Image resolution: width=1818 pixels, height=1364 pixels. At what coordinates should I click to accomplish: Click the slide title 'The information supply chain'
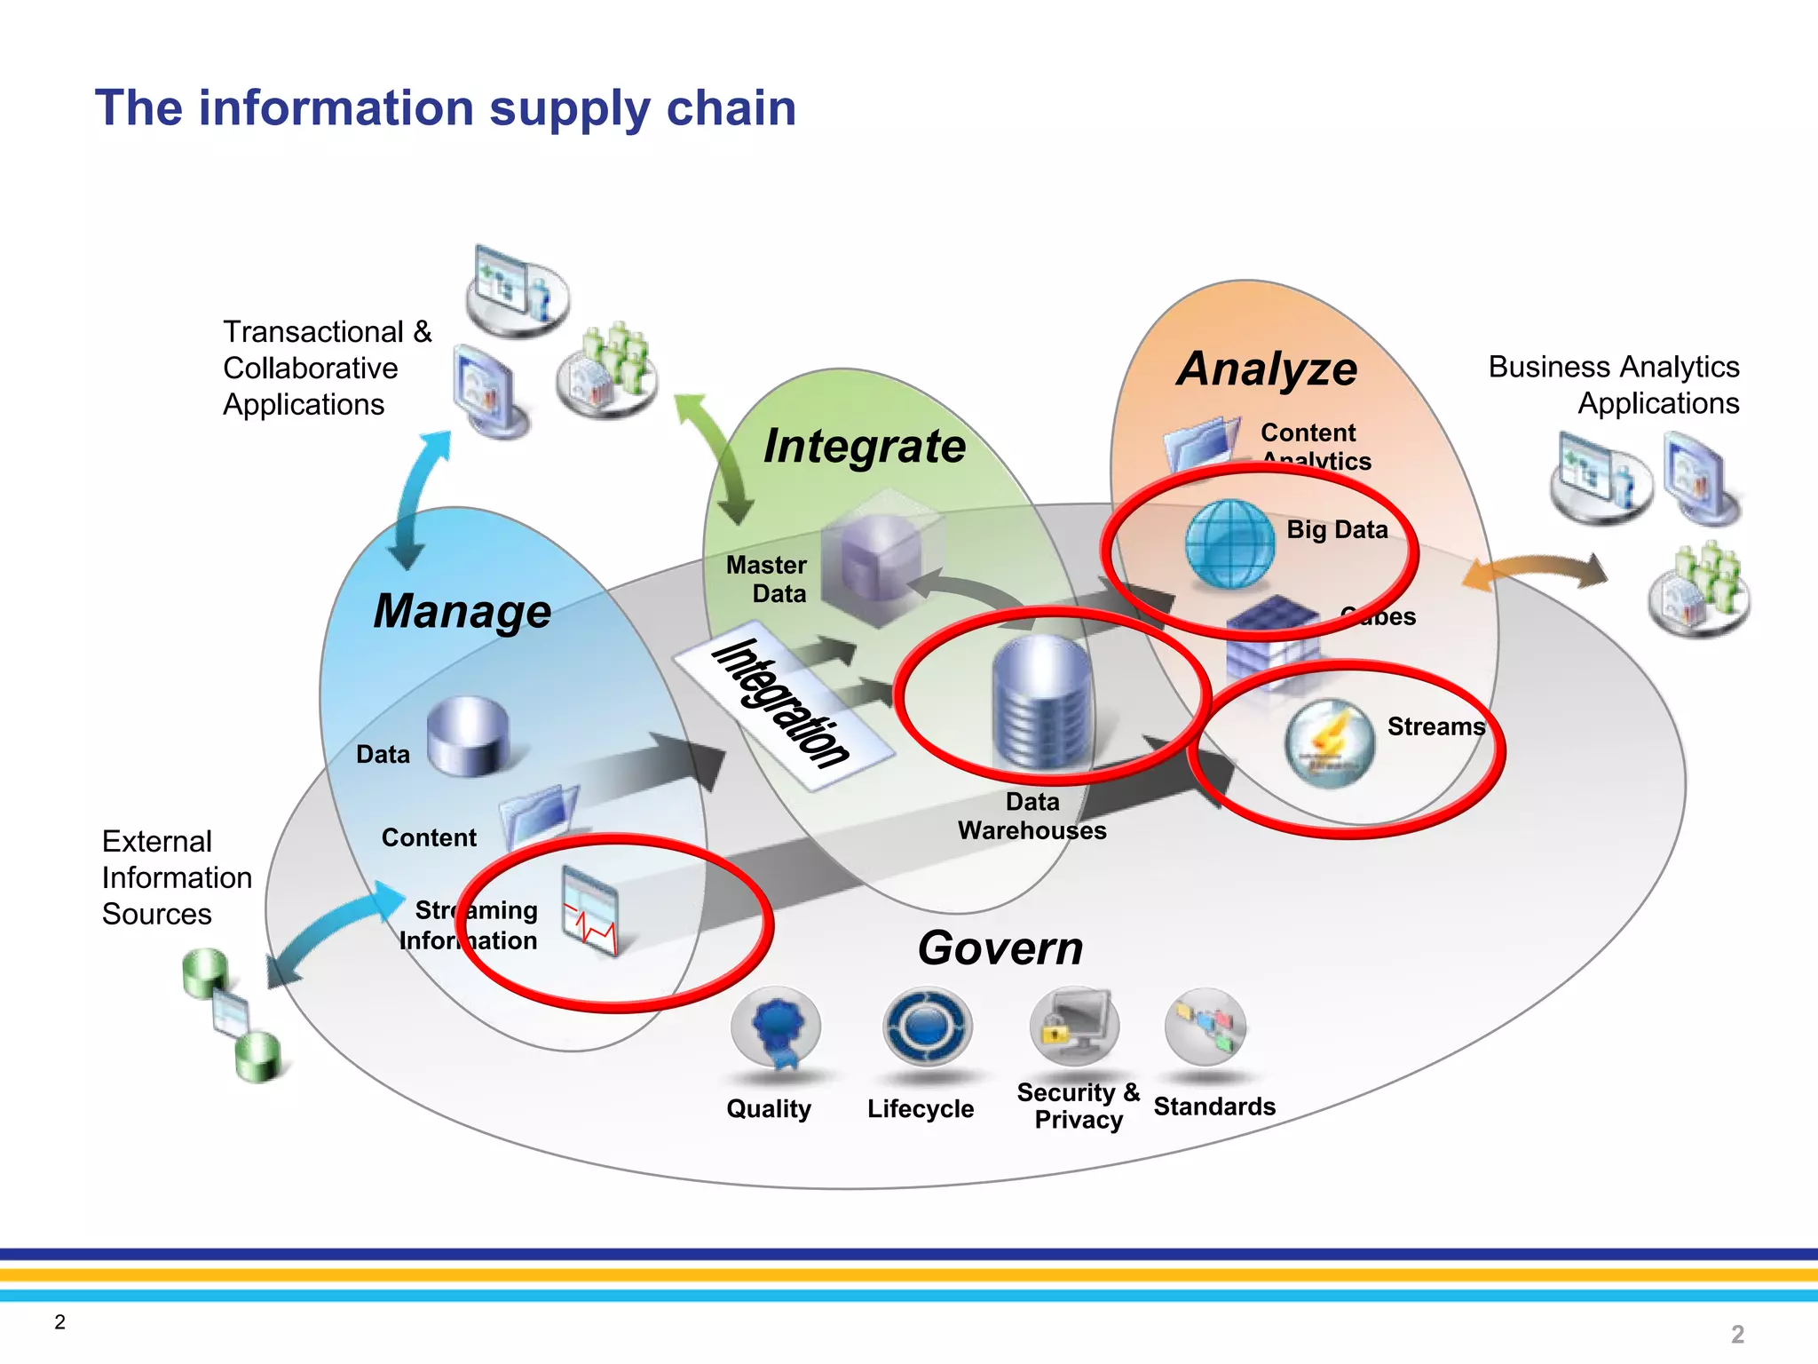pos(445,108)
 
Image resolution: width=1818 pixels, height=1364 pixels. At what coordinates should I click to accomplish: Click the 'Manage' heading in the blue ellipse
pos(462,611)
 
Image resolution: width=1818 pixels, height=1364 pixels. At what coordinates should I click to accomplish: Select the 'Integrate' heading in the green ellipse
pos(864,446)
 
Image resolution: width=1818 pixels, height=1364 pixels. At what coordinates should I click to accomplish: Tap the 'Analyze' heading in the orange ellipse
pos(1267,369)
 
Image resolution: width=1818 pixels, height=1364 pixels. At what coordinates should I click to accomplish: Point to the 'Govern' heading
pos(1000,948)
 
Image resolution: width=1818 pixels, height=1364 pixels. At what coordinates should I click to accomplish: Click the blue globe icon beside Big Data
pos(1229,543)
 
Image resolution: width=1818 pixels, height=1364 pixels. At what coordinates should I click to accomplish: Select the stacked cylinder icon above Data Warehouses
pos(1041,702)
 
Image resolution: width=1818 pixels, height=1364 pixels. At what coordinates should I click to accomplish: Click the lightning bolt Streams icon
pos(1329,742)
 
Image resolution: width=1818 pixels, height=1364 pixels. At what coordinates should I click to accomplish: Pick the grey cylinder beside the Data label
pos(468,735)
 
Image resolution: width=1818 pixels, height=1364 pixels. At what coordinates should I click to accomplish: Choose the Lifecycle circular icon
pos(927,1027)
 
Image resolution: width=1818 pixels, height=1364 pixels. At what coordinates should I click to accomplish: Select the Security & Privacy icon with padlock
pos(1074,1027)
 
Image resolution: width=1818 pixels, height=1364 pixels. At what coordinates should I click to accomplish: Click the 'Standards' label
pos(1213,1106)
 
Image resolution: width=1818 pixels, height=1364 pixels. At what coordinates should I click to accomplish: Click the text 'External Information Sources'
pos(176,877)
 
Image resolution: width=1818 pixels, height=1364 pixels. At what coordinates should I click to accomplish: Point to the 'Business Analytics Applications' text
pos(1614,385)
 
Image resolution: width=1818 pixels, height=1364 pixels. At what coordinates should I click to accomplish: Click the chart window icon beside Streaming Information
pos(590,911)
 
